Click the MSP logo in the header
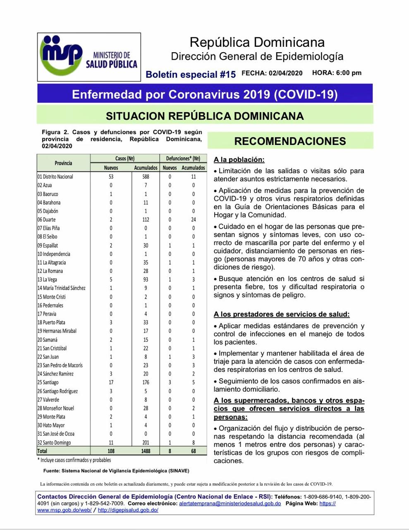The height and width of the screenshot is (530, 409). pyautogui.click(x=88, y=57)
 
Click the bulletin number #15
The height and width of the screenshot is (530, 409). pyautogui.click(x=227, y=75)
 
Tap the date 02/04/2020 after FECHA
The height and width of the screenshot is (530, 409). pyautogui.click(x=285, y=73)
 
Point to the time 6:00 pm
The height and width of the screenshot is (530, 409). pyautogui.click(x=349, y=73)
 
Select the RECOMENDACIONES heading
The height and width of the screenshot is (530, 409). pyautogui.click(x=290, y=141)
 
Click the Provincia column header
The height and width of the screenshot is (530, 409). pyautogui.click(x=63, y=163)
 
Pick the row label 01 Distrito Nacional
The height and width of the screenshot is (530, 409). pyautogui.click(x=55, y=177)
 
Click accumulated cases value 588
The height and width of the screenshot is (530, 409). pyautogui.click(x=146, y=177)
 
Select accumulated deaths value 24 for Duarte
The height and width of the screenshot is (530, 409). pyautogui.click(x=193, y=219)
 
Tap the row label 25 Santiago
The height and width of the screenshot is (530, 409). pyautogui.click(x=48, y=383)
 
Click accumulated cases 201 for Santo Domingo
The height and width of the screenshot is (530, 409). pyautogui.click(x=146, y=443)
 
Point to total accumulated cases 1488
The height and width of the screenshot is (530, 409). pyautogui.click(x=146, y=451)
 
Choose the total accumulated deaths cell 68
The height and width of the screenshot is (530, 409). pyautogui.click(x=193, y=451)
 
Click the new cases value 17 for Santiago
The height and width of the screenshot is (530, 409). pyautogui.click(x=111, y=383)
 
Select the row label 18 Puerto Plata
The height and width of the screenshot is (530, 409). pyautogui.click(x=51, y=323)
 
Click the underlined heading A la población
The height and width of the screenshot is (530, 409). pyautogui.click(x=239, y=160)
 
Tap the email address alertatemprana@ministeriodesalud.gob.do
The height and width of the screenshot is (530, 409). pyautogui.click(x=230, y=503)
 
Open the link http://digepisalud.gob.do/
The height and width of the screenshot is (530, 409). pyautogui.click(x=128, y=510)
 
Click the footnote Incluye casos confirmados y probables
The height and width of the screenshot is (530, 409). pyautogui.click(x=74, y=460)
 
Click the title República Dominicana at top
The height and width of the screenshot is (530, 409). pyautogui.click(x=257, y=42)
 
